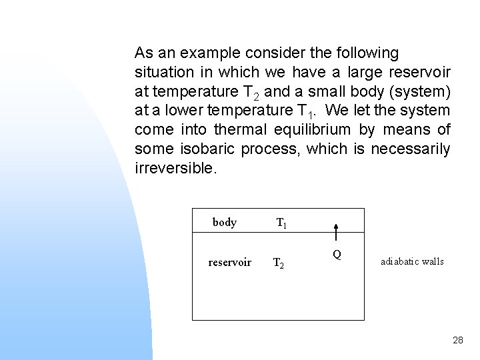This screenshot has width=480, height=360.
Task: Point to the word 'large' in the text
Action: point(365,72)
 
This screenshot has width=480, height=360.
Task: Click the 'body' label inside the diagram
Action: point(225,223)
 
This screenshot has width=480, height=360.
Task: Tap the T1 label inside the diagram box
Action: point(282,223)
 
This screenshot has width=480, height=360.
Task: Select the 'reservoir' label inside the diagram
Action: point(230,263)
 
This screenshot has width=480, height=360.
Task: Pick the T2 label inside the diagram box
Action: point(279,263)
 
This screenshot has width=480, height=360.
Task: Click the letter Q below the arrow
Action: point(337,254)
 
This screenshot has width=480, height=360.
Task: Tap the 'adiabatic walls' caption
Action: point(412,261)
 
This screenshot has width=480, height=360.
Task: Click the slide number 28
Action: point(457,340)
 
